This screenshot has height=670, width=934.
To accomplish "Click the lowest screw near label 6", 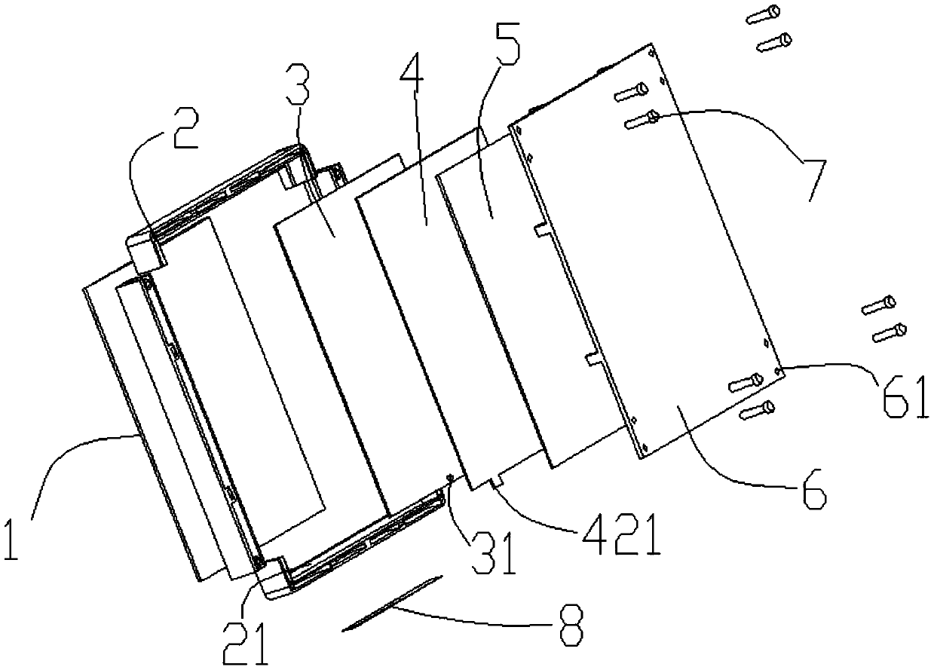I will (758, 410).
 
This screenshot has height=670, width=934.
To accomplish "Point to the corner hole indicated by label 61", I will (779, 370).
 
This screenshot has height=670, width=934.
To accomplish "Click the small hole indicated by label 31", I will (450, 476).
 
